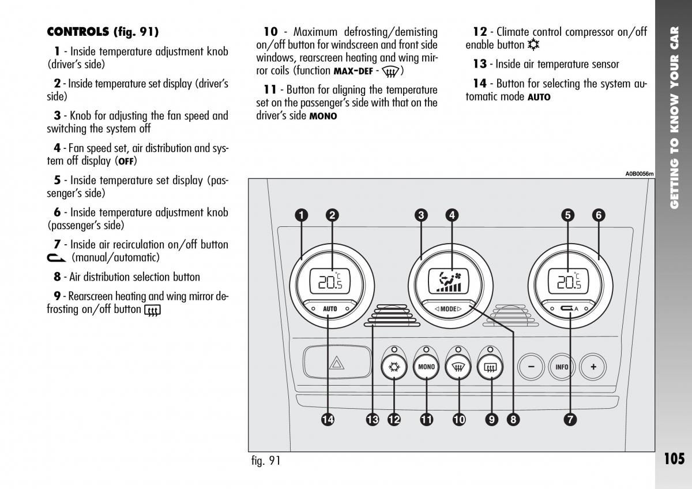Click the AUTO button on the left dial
pyautogui.click(x=330, y=309)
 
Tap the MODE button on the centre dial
pyautogui.click(x=448, y=309)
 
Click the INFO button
pyautogui.click(x=562, y=367)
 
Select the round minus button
pyautogui.click(x=531, y=367)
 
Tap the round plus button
pyautogui.click(x=593, y=367)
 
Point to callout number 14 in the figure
pyautogui.click(x=328, y=420)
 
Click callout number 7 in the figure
pyautogui.click(x=570, y=420)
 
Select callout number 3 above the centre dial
pyautogui.click(x=421, y=215)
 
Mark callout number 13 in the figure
pyautogui.click(x=372, y=420)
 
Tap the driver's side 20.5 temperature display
pyautogui.click(x=330, y=281)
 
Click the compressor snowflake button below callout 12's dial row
pyautogui.click(x=394, y=367)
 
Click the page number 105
pyautogui.click(x=674, y=459)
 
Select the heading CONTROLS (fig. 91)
pyautogui.click(x=102, y=31)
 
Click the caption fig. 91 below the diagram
pyautogui.click(x=266, y=461)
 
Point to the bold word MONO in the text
pyautogui.click(x=323, y=116)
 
